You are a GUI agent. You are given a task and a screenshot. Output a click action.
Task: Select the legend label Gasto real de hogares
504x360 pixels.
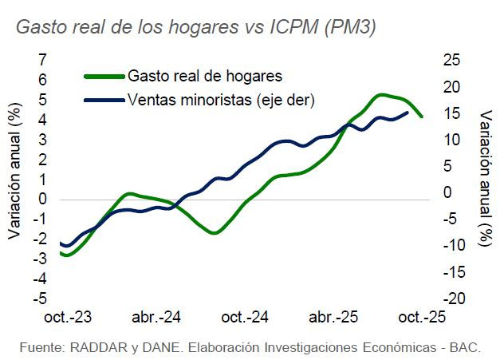pos(205,77)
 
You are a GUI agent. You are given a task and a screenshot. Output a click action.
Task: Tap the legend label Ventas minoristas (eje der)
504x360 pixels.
pos(221,100)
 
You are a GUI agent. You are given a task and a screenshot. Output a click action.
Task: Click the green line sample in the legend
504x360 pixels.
pos(104,77)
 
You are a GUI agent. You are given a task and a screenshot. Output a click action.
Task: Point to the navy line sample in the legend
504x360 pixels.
pos(104,100)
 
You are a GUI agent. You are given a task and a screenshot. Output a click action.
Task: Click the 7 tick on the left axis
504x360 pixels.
pos(42,60)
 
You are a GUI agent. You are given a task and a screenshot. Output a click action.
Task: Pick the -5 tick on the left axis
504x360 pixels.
pos(39,299)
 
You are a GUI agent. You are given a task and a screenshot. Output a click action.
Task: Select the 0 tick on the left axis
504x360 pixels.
pos(42,199)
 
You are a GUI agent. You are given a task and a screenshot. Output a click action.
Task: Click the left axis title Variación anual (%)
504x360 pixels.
pos(15,172)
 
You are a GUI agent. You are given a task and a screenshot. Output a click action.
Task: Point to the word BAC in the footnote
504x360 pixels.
pos(475,349)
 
